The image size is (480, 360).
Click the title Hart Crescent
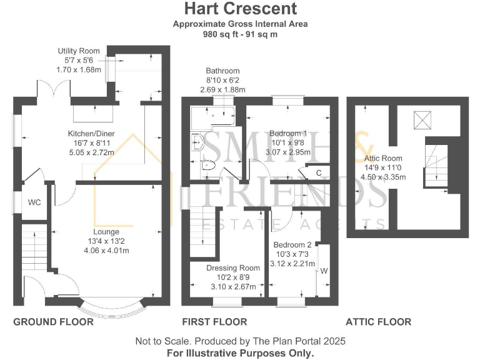pyautogui.click(x=240, y=9)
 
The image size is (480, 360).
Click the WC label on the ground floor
pyautogui.click(x=34, y=202)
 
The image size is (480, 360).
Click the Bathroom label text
pyautogui.click(x=222, y=71)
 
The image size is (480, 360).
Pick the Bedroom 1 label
pyautogui.click(x=288, y=133)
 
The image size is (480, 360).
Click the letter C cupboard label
pyautogui.click(x=319, y=172)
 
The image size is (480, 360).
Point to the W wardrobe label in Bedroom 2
pyautogui.click(x=324, y=271)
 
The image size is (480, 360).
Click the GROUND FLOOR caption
pyautogui.click(x=54, y=322)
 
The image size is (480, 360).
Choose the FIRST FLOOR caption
pyautogui.click(x=214, y=322)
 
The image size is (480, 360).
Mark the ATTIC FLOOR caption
pyautogui.click(x=379, y=322)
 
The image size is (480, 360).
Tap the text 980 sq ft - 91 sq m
pyautogui.click(x=240, y=34)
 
